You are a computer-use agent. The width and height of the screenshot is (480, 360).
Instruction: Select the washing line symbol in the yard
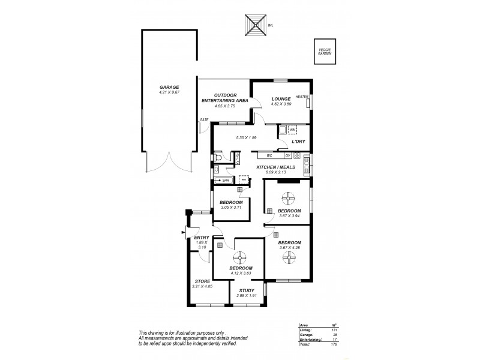[x=254, y=26]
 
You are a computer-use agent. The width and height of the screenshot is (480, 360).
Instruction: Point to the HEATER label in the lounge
[x=301, y=97]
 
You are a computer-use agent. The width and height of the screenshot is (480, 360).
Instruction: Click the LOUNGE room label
[x=281, y=99]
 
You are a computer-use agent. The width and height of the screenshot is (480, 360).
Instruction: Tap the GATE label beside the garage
[x=204, y=119]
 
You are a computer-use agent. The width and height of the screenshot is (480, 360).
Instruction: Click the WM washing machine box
[x=293, y=130]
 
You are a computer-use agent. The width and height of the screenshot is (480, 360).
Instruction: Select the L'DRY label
[x=298, y=142]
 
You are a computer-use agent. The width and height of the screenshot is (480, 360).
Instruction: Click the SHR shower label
[x=226, y=180]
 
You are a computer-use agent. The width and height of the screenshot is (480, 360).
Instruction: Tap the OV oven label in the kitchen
[x=287, y=156]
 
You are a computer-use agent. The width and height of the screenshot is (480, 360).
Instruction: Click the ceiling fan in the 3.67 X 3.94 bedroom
[x=287, y=197]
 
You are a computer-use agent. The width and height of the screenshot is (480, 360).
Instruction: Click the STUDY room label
[x=247, y=291]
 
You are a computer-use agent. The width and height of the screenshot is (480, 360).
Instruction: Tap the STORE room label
[x=202, y=281]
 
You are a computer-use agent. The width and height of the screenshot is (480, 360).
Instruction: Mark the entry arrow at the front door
[x=182, y=234]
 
